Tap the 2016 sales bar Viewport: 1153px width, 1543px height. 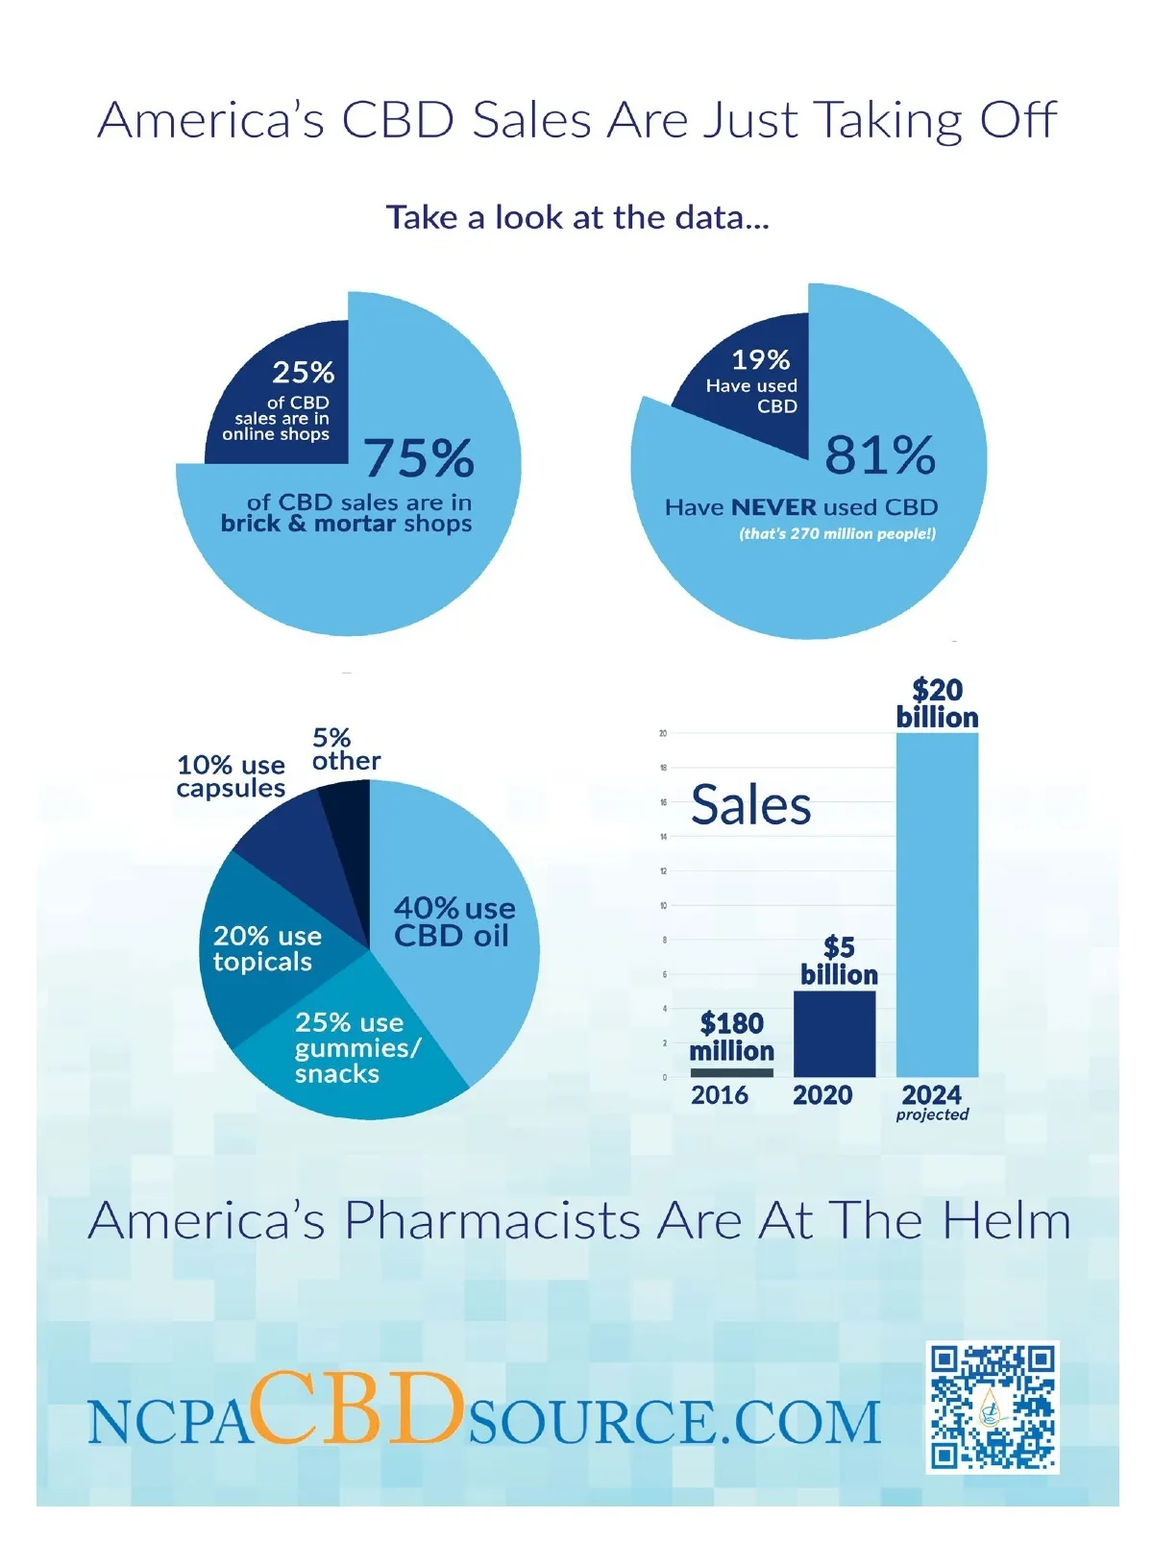point(731,1072)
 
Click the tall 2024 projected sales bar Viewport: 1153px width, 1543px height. point(937,903)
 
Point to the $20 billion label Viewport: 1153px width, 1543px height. point(937,703)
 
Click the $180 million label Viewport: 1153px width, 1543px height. point(731,1037)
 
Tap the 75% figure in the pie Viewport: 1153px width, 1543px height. point(419,457)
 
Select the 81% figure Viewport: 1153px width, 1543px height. point(880,454)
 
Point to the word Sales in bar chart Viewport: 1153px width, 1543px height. point(750,805)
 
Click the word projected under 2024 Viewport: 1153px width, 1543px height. point(932,1114)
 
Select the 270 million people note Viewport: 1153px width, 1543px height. point(837,533)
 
